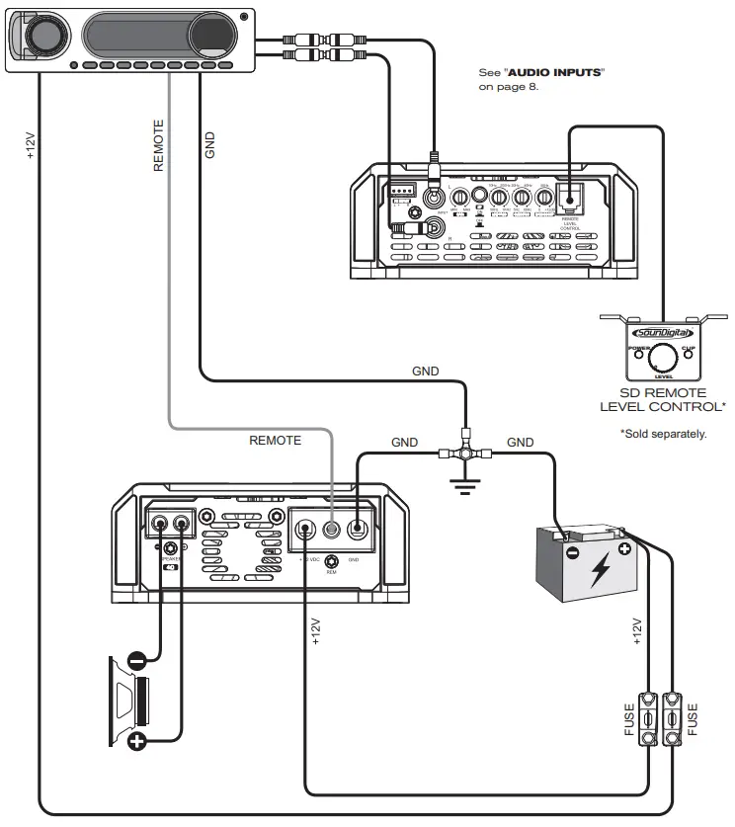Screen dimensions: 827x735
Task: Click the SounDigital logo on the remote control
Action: click(x=661, y=334)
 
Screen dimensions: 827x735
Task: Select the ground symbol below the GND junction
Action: click(x=465, y=484)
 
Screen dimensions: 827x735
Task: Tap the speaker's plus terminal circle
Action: click(x=137, y=740)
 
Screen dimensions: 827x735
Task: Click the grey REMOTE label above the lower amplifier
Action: click(x=275, y=441)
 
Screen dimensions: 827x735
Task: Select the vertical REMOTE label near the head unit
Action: click(x=158, y=145)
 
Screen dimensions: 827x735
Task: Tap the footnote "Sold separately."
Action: click(x=663, y=434)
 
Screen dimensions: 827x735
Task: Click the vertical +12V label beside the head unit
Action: click(x=30, y=145)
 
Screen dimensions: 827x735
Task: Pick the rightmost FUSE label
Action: click(x=693, y=720)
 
